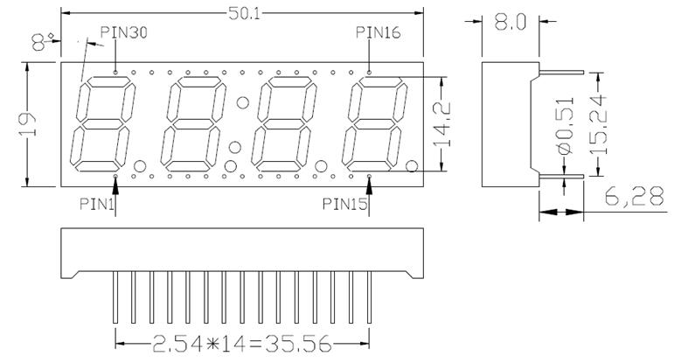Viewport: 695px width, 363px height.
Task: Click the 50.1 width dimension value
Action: (x=239, y=15)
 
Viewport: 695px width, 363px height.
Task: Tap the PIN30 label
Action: (x=124, y=33)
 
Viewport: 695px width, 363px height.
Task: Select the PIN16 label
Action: (x=379, y=33)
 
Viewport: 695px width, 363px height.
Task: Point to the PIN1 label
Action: (x=98, y=204)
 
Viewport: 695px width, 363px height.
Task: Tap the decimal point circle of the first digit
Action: (x=140, y=166)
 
